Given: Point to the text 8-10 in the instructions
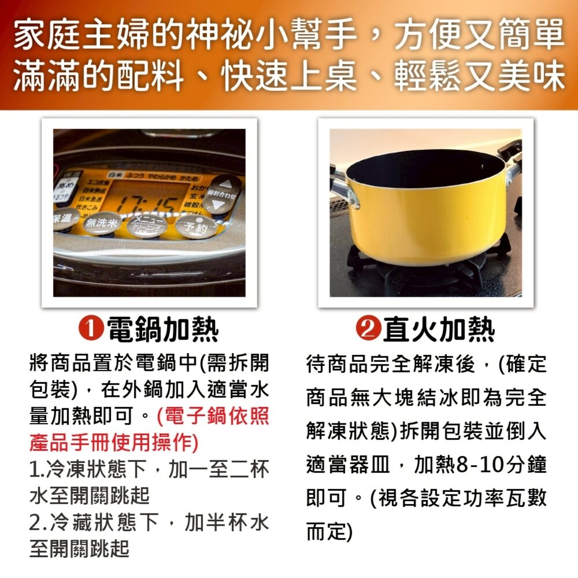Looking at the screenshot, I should point(476,465).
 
